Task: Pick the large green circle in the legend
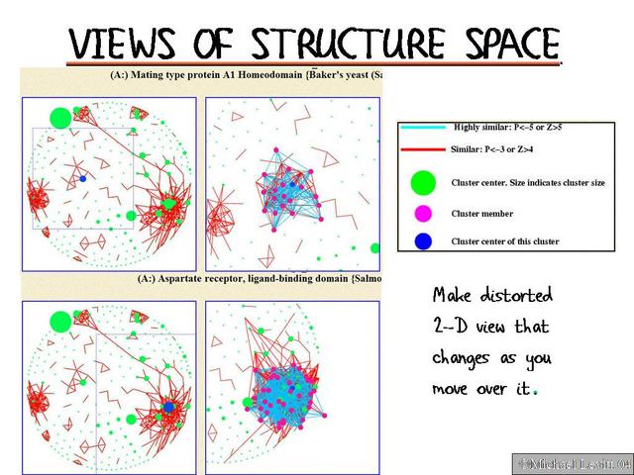(424, 183)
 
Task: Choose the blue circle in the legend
(424, 240)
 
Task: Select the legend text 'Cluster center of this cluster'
(505, 241)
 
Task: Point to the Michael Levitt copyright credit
(572, 463)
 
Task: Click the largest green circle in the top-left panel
(60, 118)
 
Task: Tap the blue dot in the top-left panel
(83, 178)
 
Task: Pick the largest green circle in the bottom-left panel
(59, 322)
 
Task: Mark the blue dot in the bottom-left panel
(168, 407)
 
